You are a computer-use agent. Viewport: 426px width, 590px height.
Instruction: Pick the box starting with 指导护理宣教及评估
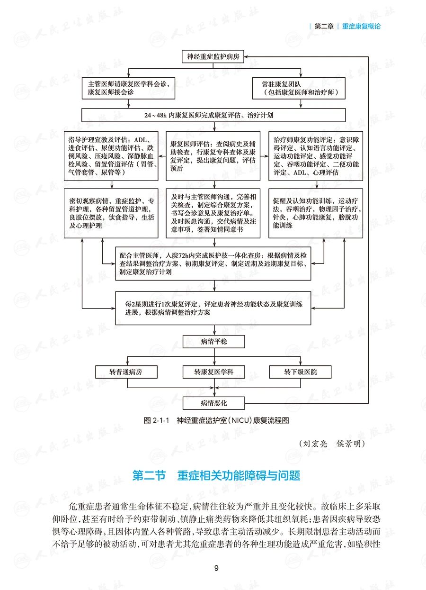click(x=111, y=156)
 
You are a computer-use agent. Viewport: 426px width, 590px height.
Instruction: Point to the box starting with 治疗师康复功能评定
click(x=316, y=156)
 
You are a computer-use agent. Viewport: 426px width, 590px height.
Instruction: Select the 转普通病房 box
click(x=126, y=372)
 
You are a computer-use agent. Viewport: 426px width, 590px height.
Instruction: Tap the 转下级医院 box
click(x=301, y=372)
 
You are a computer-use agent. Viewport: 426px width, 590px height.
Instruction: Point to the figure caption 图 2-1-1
click(x=215, y=420)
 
